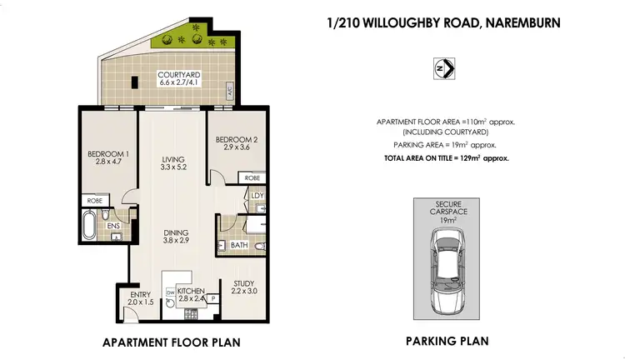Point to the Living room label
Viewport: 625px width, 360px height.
click(x=173, y=162)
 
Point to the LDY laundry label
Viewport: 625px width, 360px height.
click(x=257, y=197)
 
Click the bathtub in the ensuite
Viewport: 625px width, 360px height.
click(x=88, y=223)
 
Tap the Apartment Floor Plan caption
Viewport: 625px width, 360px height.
click(x=153, y=341)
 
